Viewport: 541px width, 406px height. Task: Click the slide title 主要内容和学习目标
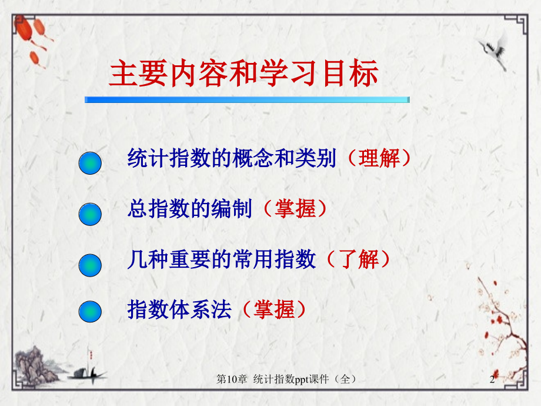[244, 75]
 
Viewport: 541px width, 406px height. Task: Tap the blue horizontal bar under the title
[247, 99]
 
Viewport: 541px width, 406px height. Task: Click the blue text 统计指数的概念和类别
[232, 158]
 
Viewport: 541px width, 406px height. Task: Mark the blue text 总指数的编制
[189, 209]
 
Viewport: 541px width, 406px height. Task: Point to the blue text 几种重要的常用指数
[221, 259]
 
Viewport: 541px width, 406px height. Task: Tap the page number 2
[492, 381]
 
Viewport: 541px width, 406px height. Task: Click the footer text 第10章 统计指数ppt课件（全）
[286, 381]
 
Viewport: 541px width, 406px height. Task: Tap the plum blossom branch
[500, 318]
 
